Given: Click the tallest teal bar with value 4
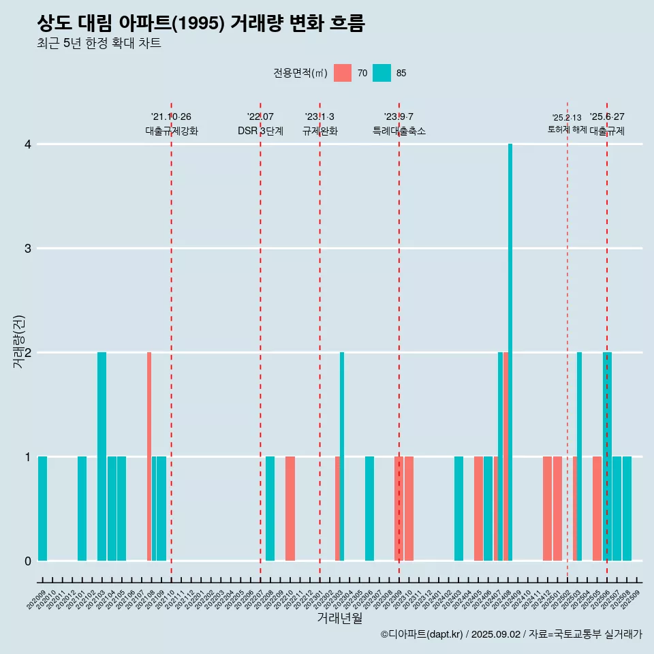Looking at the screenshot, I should point(510,352).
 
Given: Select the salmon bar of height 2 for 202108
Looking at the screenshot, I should point(149,456).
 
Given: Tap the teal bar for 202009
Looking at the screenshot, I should point(42,508).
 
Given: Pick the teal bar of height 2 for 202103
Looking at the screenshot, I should point(102,456).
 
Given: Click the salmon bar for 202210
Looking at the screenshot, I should point(290,508).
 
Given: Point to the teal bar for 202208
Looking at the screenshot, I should point(270,508).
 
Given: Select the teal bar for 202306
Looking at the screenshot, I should point(369,508).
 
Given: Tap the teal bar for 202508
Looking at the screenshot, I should point(627,508).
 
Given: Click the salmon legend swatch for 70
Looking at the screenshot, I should point(343,73).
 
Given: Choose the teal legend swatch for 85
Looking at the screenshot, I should point(382,73).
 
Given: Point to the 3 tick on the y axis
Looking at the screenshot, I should point(28,248).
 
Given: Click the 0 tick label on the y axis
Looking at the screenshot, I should point(28,561).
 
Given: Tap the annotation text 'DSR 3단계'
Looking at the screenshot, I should point(260,131).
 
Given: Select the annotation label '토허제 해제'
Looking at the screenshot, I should point(567,129).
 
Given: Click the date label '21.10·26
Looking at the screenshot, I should point(171,116).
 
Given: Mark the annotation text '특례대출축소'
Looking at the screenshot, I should point(399,131).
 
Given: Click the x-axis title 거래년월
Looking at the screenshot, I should point(339,618).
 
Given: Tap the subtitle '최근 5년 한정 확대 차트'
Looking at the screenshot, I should point(99,44).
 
